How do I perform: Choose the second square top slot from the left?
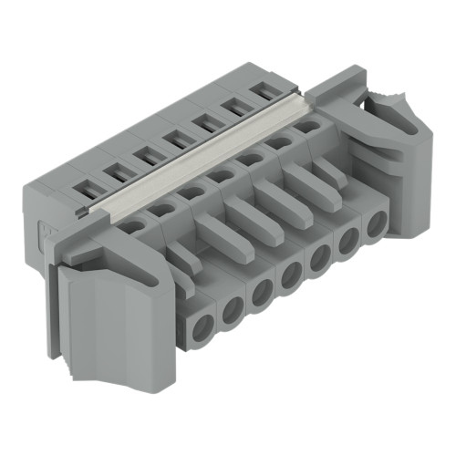pyautogui.click(x=117, y=171)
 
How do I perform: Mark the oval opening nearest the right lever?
pyautogui.click(x=307, y=128)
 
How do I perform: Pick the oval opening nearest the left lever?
pyautogui.click(x=133, y=226)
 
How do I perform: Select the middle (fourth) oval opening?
pyautogui.click(x=220, y=176)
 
